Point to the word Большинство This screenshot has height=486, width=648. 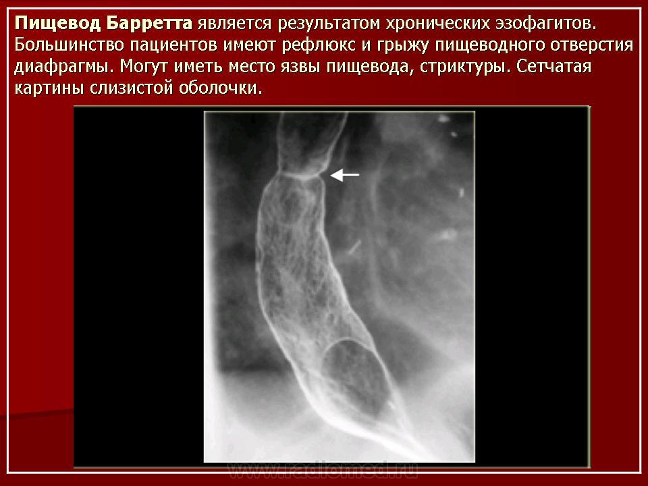coord(69,45)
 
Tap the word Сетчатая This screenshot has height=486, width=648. coord(553,66)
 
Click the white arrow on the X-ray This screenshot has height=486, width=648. coord(345,175)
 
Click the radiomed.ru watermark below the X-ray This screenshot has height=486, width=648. coord(323,470)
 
